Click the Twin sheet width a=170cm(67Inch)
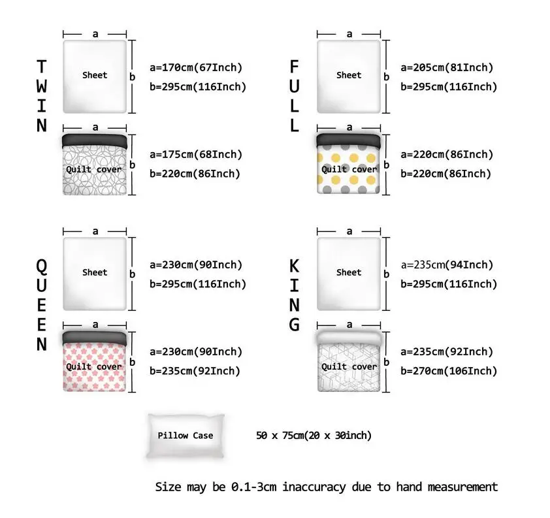click(x=196, y=67)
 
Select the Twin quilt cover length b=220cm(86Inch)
click(x=195, y=174)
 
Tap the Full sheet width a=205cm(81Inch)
click(x=447, y=67)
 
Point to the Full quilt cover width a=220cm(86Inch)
click(x=447, y=154)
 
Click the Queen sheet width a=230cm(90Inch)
click(x=196, y=265)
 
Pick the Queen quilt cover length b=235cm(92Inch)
click(x=195, y=371)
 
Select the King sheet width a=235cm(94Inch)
click(x=447, y=265)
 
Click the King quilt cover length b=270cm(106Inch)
click(x=449, y=371)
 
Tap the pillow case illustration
click(x=186, y=436)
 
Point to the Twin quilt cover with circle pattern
click(x=95, y=164)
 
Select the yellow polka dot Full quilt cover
click(x=348, y=164)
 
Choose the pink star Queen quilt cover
click(x=95, y=361)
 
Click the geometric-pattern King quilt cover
click(x=349, y=361)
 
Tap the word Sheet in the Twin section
click(x=95, y=75)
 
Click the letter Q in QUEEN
click(x=42, y=267)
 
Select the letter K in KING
click(x=295, y=267)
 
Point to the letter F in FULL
click(x=295, y=67)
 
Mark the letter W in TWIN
click(x=42, y=86)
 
